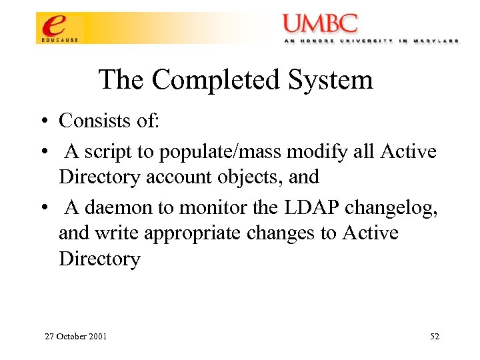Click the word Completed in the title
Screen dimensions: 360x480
(x=217, y=81)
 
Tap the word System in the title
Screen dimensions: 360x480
(x=331, y=81)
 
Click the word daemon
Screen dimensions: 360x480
(x=119, y=208)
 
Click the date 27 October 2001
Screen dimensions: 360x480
(x=75, y=336)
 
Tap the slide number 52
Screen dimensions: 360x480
(x=435, y=336)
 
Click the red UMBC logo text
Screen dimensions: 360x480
(x=320, y=24)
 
